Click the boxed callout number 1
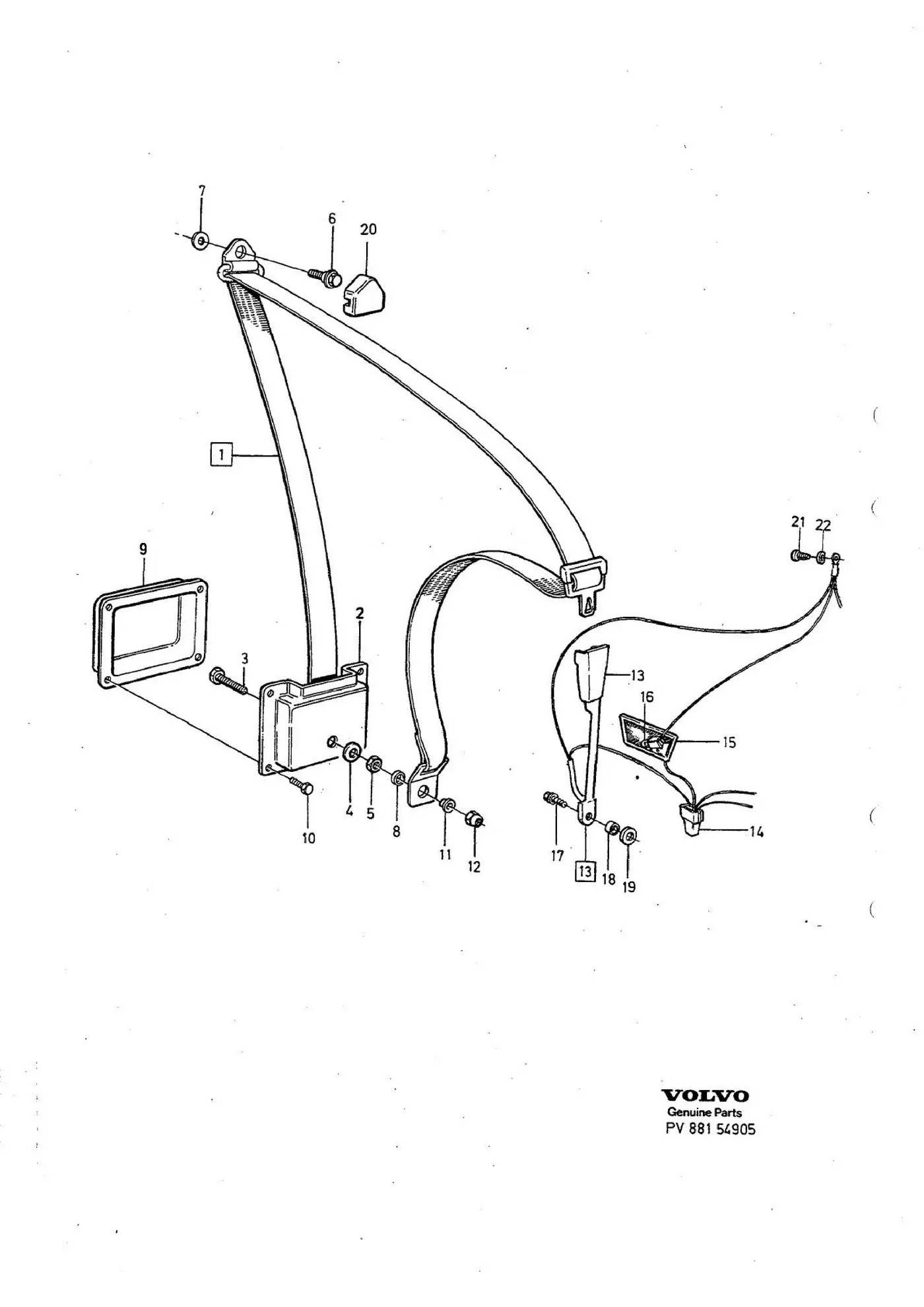[221, 455]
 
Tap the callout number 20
[368, 229]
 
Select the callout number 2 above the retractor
[360, 613]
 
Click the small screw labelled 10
[300, 785]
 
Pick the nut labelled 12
[475, 819]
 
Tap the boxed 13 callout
[585, 872]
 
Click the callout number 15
[729, 743]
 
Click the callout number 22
[823, 525]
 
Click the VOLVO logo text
[706, 1096]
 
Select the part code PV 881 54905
[710, 1129]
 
